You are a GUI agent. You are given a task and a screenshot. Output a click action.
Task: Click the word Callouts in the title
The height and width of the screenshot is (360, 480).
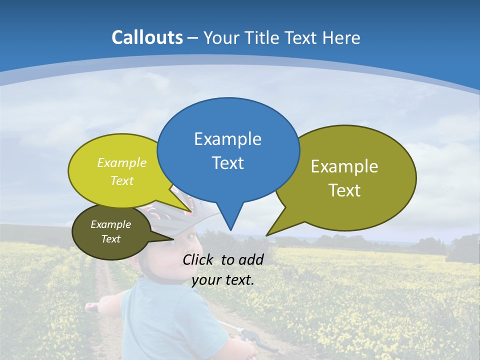click(x=147, y=37)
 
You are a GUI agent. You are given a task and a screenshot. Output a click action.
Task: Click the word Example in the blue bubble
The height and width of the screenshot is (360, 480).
click(x=227, y=139)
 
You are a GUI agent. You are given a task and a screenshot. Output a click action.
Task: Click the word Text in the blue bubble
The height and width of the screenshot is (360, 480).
click(x=227, y=163)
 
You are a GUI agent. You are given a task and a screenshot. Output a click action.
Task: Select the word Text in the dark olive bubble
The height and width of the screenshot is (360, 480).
click(x=111, y=239)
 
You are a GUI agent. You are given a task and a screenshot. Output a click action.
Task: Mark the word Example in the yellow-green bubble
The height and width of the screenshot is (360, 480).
click(x=122, y=162)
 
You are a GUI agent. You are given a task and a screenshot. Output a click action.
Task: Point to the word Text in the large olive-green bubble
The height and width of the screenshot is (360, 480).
click(x=344, y=190)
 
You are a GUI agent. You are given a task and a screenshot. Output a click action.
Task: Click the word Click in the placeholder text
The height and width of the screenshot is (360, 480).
click(x=198, y=259)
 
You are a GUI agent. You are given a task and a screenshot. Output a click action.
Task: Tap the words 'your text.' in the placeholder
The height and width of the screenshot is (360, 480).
click(x=223, y=280)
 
